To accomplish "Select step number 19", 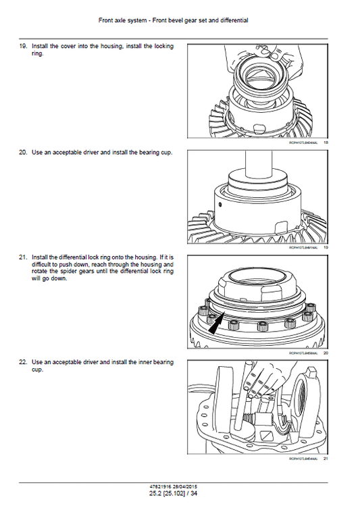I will pyautogui.click(x=22, y=47).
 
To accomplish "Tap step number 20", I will pyautogui.click(x=22, y=153).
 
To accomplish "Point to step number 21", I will pyautogui.click(x=22, y=257).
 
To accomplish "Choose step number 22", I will pyautogui.click(x=22, y=363).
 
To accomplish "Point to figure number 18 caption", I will pyautogui.click(x=326, y=143).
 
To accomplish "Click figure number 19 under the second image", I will pyautogui.click(x=326, y=248).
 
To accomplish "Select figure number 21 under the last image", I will pyautogui.click(x=326, y=459).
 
